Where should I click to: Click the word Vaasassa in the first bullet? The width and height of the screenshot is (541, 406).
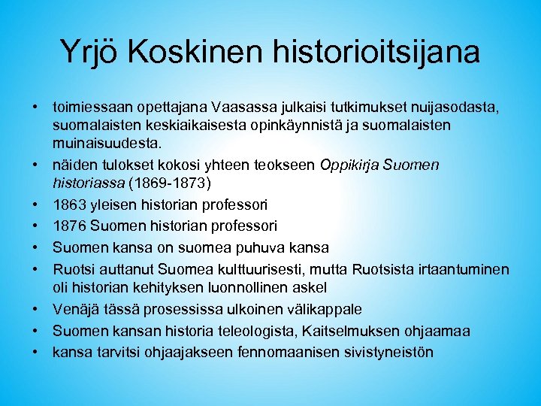coord(238,107)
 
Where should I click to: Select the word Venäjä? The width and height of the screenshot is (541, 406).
coord(74,309)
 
